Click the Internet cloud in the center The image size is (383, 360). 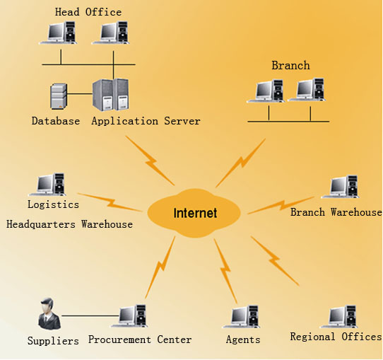coord(194,213)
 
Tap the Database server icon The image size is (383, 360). coord(59,96)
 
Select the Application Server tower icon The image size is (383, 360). coord(111,95)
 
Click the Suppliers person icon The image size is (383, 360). coord(49,313)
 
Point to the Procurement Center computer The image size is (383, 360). coord(129,315)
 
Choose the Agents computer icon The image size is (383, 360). coord(242,316)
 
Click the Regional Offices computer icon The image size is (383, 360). coord(338,316)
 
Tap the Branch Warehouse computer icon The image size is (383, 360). coord(341,187)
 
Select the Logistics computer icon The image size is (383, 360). coord(47,185)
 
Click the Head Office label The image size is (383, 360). coord(88,12)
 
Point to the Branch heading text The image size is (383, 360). coord(290,66)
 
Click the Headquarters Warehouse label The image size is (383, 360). coord(70,224)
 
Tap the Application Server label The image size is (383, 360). coord(146,121)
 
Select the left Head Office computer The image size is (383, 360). coord(58,33)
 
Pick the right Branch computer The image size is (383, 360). coord(307,89)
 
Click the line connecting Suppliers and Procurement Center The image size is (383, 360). coord(90,315)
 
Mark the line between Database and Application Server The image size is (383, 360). coord(80,93)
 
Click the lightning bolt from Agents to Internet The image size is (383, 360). coord(225,271)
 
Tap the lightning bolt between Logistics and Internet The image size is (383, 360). coord(110,202)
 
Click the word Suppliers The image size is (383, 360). coord(53,341)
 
